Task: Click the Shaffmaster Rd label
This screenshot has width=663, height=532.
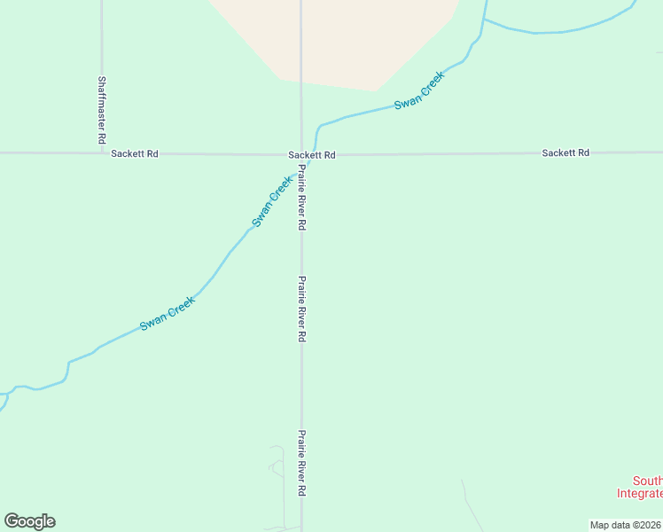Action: point(101,110)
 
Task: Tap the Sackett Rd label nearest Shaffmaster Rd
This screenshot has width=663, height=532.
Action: point(135,153)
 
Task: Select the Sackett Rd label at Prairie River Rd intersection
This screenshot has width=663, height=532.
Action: point(312,154)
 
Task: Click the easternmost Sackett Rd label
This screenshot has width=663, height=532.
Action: point(565,153)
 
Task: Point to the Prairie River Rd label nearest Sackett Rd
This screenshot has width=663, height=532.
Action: point(301,198)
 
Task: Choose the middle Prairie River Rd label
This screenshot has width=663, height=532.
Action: point(301,309)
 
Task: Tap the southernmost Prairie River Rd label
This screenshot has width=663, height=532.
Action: point(301,463)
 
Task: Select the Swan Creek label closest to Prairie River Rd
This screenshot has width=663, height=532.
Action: point(272,201)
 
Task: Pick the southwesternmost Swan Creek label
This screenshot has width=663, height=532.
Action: point(167,314)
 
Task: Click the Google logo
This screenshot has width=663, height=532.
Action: point(29,521)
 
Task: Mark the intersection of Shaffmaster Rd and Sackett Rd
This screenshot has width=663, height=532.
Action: point(102,153)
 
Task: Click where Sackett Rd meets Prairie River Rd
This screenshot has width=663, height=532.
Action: point(301,154)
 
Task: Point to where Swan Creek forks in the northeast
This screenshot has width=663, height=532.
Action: point(485,20)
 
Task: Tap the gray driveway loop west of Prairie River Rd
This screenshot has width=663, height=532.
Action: point(276,465)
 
